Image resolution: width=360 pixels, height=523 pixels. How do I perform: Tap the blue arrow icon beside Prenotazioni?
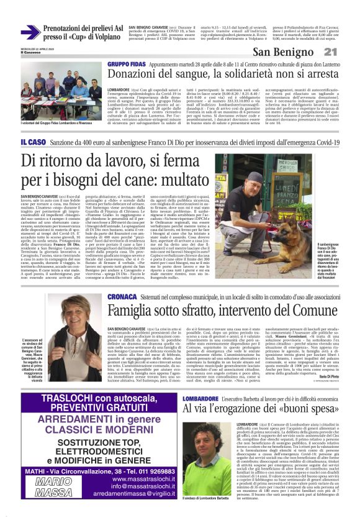pos(30,32)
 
